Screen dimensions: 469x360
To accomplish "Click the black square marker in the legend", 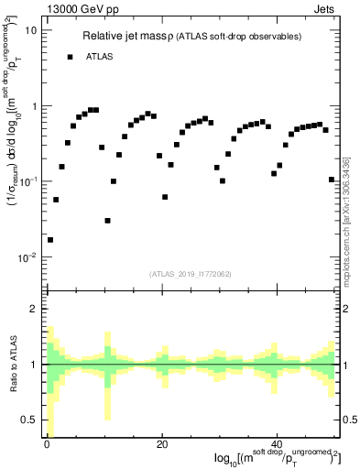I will click(70, 57).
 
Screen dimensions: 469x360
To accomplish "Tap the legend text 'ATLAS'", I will click(100, 57).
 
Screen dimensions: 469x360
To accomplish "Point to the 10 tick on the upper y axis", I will click(30, 30).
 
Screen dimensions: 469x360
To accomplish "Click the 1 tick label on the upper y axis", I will click(33, 106).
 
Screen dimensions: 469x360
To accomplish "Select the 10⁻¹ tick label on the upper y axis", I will click(28, 181).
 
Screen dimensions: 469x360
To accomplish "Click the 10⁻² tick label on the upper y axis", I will click(28, 257).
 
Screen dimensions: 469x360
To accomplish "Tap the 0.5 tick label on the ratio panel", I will click(29, 420).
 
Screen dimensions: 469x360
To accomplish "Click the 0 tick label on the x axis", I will click(47, 444).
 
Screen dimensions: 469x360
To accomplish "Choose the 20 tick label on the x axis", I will click(162, 444).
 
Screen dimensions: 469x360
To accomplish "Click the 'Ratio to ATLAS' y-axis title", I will click(11, 365).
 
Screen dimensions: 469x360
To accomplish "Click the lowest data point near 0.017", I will click(50, 240).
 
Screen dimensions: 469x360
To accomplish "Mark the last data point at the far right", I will click(332, 180).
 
